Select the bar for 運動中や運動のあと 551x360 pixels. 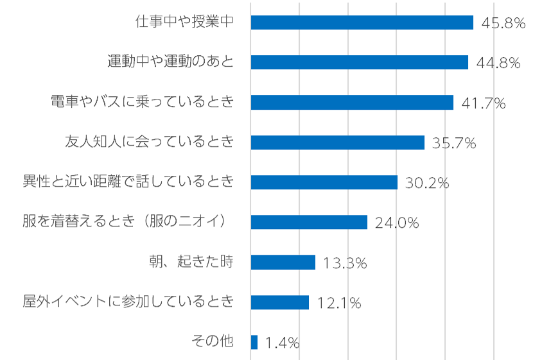click(359, 62)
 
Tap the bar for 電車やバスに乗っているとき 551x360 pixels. click(352, 103)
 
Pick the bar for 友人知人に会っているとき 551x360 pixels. click(337, 142)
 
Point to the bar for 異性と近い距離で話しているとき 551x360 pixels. click(324, 182)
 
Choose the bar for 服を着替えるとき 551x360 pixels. click(309, 222)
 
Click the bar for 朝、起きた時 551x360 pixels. click(283, 262)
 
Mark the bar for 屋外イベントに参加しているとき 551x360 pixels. click(280, 302)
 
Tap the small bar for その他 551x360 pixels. click(254, 342)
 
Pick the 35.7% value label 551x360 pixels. click(454, 144)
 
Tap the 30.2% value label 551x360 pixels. click(427, 184)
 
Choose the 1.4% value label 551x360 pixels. click(283, 343)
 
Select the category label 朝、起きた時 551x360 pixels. click(191, 262)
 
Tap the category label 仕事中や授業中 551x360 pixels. click(184, 22)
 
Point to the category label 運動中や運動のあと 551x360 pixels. click(170, 62)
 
